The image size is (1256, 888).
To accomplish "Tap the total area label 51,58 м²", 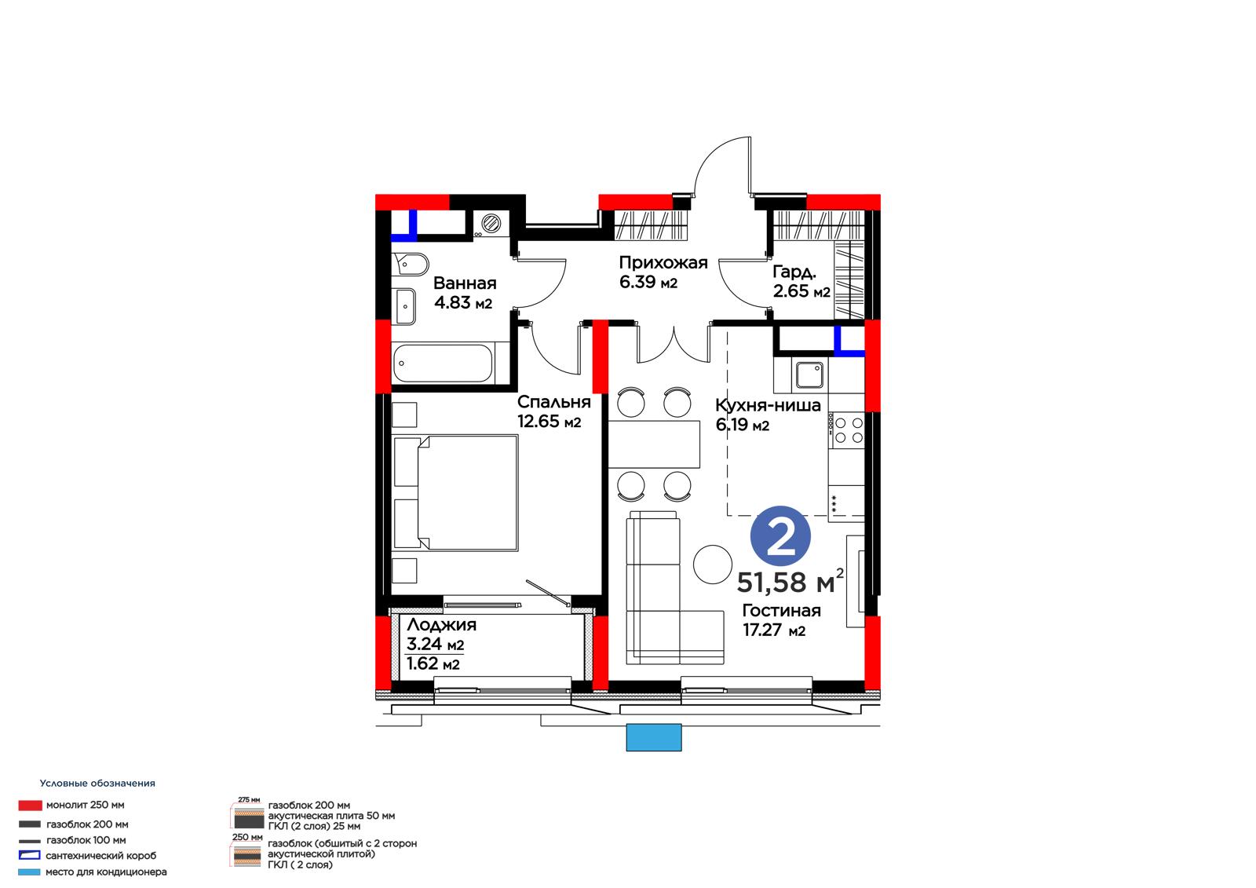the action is [790, 583].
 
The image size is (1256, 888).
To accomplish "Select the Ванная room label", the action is [465, 283].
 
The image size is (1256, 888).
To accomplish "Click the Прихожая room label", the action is [663, 262].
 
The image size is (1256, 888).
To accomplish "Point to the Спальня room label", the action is [553, 402].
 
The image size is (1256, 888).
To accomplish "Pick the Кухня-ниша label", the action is [768, 405].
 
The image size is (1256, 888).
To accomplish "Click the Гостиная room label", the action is [781, 610].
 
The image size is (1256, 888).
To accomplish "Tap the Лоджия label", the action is [441, 625].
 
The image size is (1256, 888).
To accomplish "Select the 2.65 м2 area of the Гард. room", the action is [801, 291].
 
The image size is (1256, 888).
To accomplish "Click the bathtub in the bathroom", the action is [443, 363].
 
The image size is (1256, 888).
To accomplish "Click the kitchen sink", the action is [809, 375].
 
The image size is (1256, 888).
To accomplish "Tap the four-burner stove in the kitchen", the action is [847, 430].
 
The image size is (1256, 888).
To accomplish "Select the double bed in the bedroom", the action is [455, 492].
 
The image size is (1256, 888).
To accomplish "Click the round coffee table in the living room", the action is [712, 565].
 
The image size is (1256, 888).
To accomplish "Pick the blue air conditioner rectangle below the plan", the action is [654, 737].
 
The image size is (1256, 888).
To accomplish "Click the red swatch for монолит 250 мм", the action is [30, 806].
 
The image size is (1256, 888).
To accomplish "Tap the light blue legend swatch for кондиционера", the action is [29, 872].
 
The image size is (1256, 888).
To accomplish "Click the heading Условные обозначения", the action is [97, 783].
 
